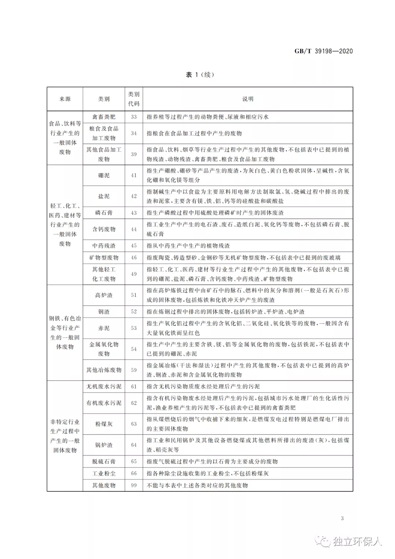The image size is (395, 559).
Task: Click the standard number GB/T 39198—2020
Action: (x=323, y=51)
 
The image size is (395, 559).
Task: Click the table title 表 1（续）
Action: (x=200, y=75)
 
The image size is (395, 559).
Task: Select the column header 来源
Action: (x=65, y=99)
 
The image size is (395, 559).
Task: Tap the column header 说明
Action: (x=248, y=99)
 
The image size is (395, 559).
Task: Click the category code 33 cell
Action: (x=133, y=117)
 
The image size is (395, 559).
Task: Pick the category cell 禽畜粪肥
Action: (x=104, y=117)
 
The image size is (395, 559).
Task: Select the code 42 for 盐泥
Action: (x=133, y=196)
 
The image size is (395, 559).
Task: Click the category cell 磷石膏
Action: (x=104, y=213)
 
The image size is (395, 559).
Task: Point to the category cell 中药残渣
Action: (x=104, y=246)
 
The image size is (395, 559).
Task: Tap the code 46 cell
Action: (x=133, y=258)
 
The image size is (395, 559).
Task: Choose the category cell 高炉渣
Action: (x=104, y=295)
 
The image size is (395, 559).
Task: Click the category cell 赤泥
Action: (x=104, y=328)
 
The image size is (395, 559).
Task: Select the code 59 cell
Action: (x=133, y=370)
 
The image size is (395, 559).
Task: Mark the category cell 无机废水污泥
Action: (x=104, y=387)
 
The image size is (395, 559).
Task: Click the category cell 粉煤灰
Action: (x=104, y=424)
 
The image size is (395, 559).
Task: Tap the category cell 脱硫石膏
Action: (x=104, y=462)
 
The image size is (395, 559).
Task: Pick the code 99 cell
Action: (x=133, y=485)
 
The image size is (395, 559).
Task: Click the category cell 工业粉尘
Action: (x=104, y=473)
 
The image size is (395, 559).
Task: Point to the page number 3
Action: (x=342, y=518)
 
